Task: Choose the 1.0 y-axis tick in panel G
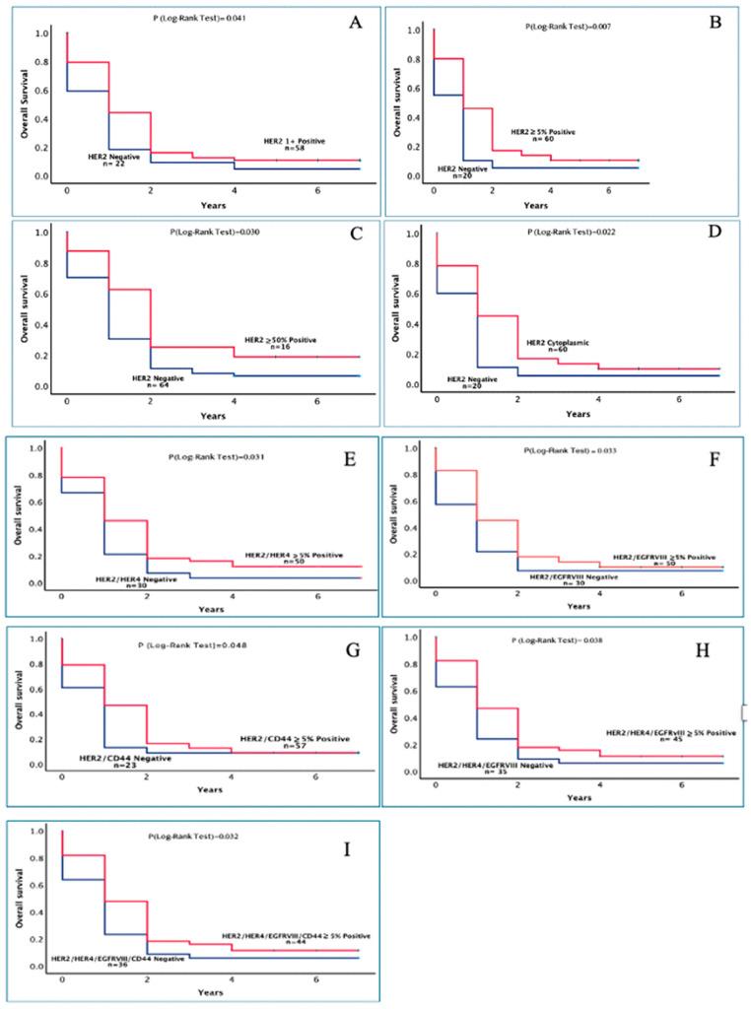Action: tap(33, 639)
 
